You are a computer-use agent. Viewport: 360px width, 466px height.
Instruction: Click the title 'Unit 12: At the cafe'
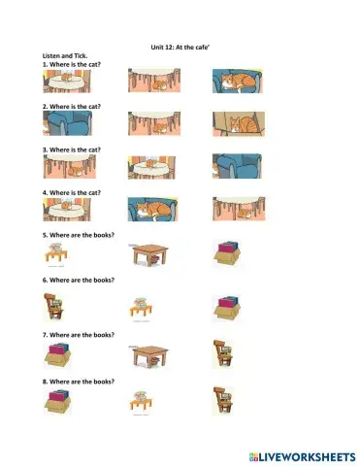coord(180,46)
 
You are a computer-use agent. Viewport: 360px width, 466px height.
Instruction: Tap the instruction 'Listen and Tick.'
coord(65,55)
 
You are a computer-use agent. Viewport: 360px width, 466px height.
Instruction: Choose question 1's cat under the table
coord(149,85)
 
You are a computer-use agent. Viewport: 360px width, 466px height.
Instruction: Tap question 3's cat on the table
coord(149,168)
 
